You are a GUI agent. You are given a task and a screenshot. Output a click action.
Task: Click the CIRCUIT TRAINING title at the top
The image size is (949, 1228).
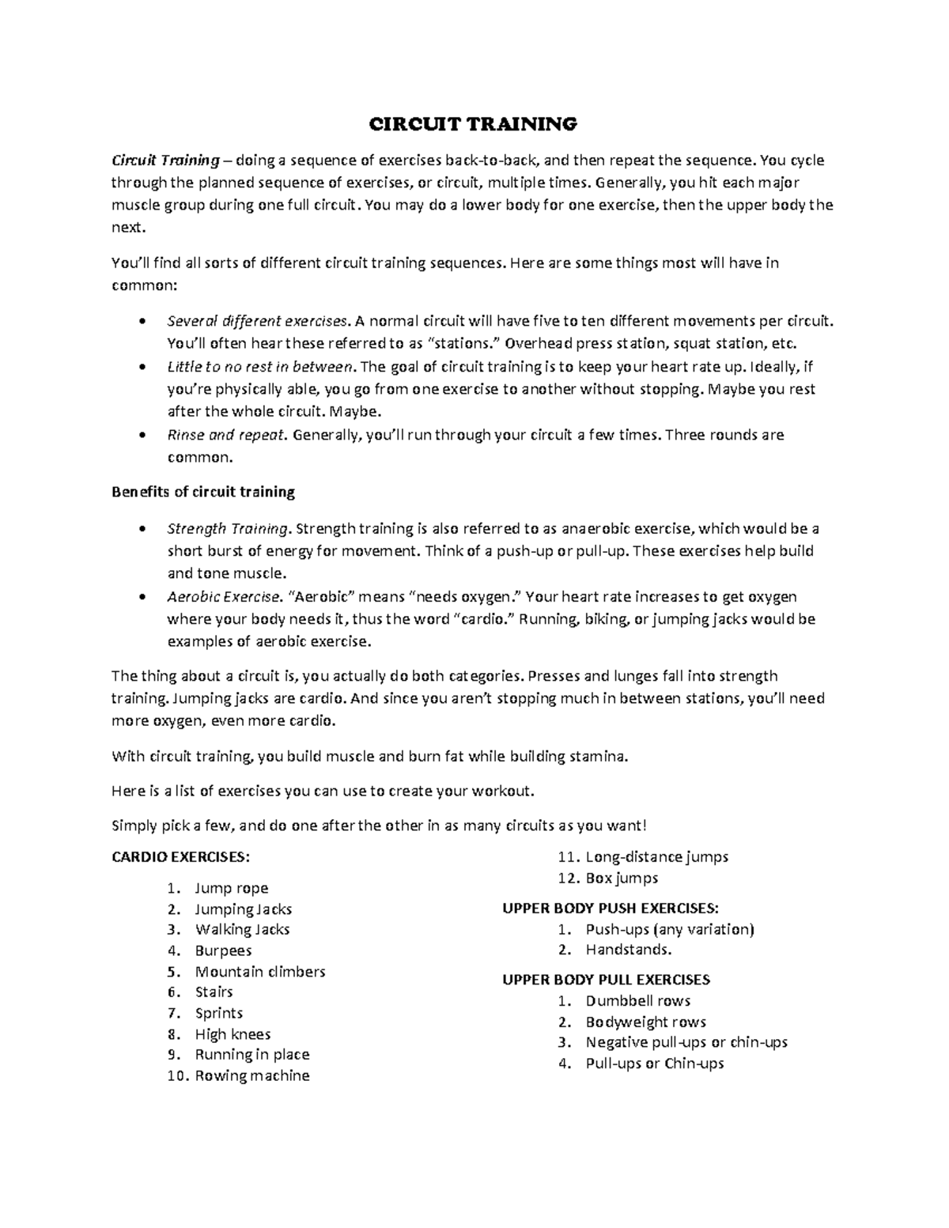(475, 124)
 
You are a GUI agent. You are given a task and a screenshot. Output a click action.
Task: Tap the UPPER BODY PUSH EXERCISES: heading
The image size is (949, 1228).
(611, 908)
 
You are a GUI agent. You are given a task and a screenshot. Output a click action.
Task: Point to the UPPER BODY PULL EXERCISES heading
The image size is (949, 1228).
(606, 980)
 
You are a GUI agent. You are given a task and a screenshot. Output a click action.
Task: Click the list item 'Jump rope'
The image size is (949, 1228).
(232, 888)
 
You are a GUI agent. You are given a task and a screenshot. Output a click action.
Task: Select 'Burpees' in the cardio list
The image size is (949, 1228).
(223, 950)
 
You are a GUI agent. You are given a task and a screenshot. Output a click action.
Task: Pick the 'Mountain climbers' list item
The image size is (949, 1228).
(260, 971)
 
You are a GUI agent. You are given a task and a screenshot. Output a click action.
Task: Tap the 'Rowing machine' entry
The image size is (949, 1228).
(252, 1075)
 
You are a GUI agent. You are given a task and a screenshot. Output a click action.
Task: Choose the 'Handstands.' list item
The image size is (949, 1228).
(629, 950)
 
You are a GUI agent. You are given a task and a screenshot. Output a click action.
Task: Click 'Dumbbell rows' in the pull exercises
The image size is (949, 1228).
(638, 1001)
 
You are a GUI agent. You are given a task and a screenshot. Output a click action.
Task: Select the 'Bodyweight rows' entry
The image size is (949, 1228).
(646, 1022)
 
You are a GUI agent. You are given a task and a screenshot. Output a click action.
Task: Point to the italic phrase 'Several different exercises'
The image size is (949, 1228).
(257, 321)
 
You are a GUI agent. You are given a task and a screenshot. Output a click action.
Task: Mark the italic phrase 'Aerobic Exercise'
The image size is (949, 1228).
(224, 596)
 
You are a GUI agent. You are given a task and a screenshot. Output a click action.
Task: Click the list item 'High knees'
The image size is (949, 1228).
(233, 1034)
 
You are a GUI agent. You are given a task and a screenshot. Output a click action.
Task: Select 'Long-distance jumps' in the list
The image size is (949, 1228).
(656, 856)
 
